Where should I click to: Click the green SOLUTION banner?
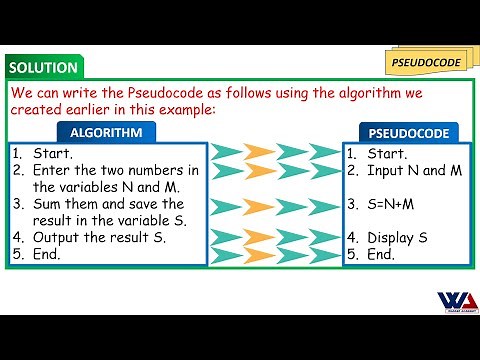43,68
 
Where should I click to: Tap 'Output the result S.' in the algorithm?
100,238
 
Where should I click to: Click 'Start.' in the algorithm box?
52,154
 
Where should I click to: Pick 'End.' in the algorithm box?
47,254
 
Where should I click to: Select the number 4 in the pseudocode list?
351,238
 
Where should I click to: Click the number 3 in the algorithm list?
18,204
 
